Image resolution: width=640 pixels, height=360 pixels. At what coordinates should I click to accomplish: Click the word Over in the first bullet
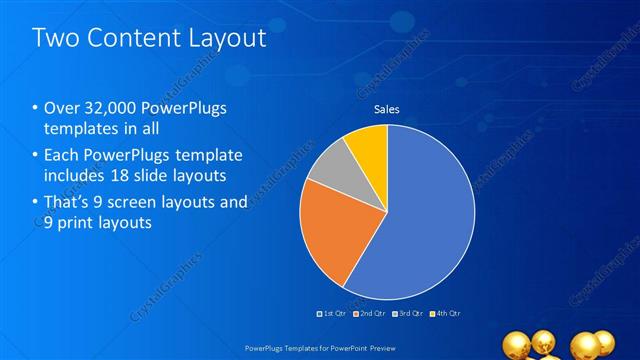click(x=62, y=108)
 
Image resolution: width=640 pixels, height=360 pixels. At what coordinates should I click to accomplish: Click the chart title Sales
click(x=387, y=110)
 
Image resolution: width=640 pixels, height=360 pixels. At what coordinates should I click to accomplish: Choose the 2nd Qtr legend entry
click(x=369, y=314)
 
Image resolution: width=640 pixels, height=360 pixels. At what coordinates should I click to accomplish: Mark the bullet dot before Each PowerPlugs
click(x=36, y=156)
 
